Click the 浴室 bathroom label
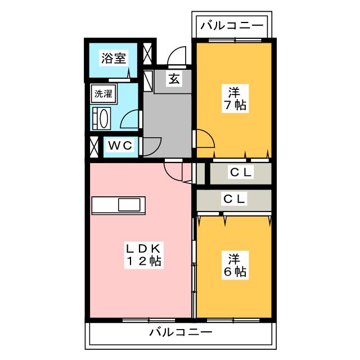(114, 58)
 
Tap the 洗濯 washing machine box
(103, 94)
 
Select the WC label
(120, 145)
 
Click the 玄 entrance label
(174, 79)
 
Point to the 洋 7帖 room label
(235, 98)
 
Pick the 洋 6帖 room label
(235, 265)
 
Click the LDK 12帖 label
(144, 255)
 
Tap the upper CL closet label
(241, 172)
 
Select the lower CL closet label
(234, 199)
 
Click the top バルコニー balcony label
(232, 25)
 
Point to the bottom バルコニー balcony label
(181, 332)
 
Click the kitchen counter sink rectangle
(129, 205)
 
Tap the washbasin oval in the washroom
(103, 119)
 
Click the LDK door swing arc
(169, 174)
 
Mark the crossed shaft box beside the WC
(94, 147)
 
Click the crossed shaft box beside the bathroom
(147, 53)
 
